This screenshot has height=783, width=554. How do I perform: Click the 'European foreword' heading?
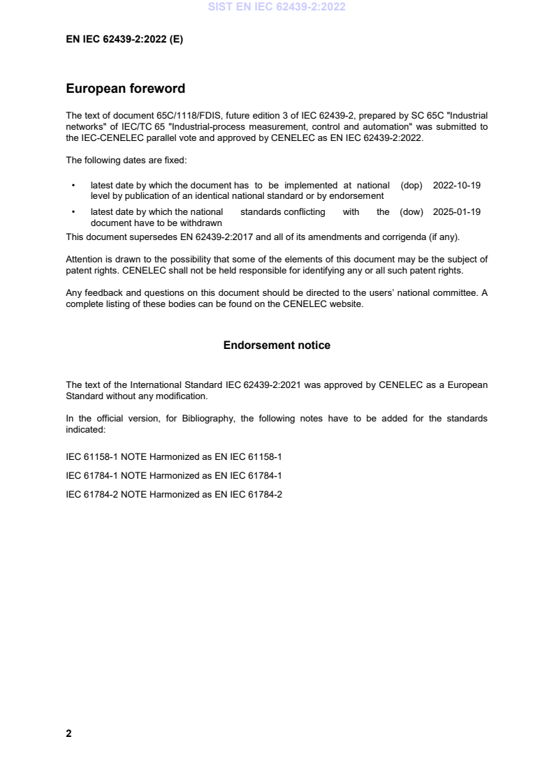point(125,89)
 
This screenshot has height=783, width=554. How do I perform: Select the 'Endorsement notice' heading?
point(277,345)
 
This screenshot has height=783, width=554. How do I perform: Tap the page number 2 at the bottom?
point(68,733)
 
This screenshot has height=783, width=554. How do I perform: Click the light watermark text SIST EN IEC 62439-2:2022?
point(277,8)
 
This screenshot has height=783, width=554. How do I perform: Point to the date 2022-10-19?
point(457,186)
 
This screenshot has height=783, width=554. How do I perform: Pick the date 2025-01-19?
point(457,212)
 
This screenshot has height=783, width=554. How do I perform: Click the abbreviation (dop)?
point(412,186)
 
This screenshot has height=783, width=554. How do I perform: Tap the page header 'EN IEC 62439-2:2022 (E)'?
point(124,40)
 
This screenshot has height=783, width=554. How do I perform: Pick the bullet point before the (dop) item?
point(73,186)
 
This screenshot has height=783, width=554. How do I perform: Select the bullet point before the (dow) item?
point(73,212)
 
